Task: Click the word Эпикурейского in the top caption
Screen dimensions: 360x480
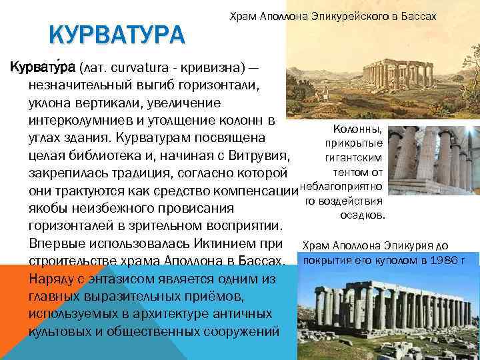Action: click(x=342, y=15)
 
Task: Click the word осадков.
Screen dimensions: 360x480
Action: click(x=361, y=215)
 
